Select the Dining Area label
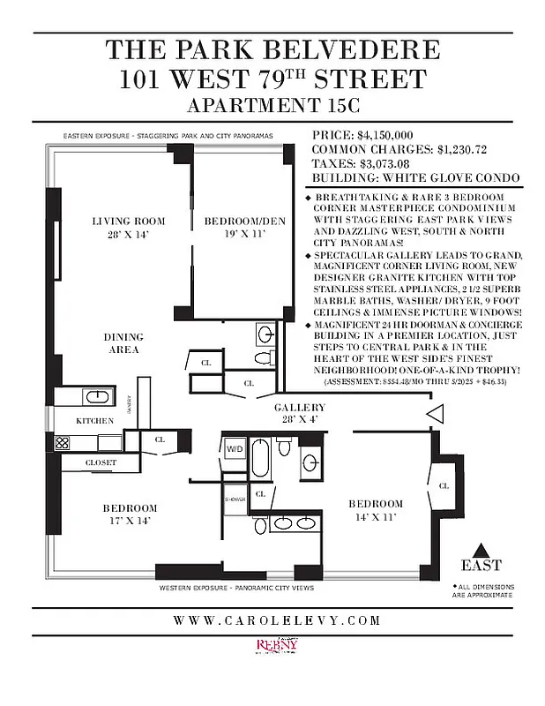(123, 343)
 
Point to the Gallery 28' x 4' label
(299, 413)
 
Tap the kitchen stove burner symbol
(63, 444)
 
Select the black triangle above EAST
(481, 548)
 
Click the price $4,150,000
(385, 135)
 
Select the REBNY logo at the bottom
(277, 647)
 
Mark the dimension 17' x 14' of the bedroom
(129, 521)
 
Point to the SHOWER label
(234, 499)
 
